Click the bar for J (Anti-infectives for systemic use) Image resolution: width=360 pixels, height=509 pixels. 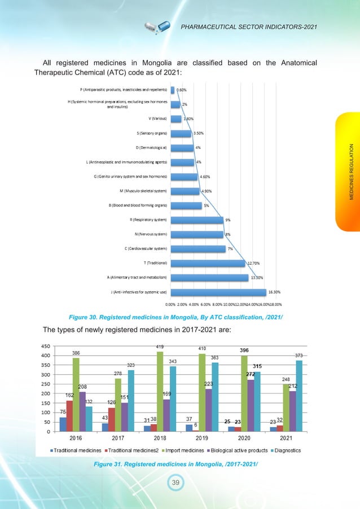pyautogui.click(x=218, y=292)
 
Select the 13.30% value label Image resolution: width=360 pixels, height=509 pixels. pyautogui.click(x=257, y=277)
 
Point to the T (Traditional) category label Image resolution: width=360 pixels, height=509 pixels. pyautogui.click(x=155, y=263)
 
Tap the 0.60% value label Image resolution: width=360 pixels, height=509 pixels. pyautogui.click(x=182, y=89)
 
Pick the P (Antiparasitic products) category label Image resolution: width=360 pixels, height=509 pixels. pyautogui.click(x=124, y=89)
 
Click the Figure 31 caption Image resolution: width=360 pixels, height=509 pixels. pyautogui.click(x=178, y=464)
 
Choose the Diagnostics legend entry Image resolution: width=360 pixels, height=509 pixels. pyautogui.click(x=286, y=450)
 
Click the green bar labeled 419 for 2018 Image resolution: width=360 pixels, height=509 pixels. pyautogui.click(x=161, y=391)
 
